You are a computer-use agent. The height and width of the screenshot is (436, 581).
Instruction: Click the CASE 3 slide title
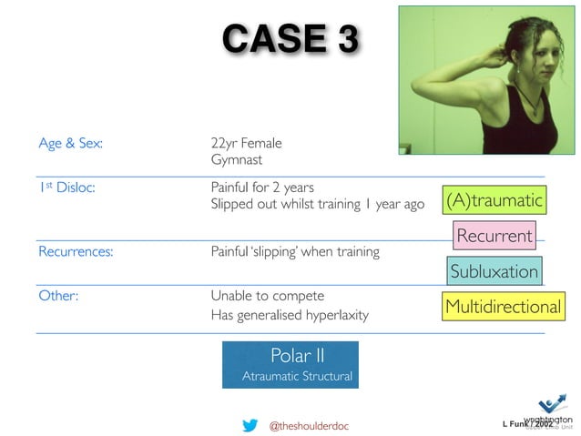pos(290,39)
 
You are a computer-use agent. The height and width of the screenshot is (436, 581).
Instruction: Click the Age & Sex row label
pos(70,143)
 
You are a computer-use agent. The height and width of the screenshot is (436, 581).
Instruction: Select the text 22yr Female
pos(246,143)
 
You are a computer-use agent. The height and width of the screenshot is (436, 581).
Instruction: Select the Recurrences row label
pos(76,251)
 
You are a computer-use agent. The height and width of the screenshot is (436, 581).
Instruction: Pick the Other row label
pos(56,297)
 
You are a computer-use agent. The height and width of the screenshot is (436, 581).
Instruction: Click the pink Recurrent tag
pos(494,236)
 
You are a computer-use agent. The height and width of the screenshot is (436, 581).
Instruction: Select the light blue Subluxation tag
pos(494,271)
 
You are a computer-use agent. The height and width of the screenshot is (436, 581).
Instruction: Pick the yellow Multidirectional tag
pos(502,307)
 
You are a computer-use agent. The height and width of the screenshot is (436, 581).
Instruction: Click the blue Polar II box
pos(290,364)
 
